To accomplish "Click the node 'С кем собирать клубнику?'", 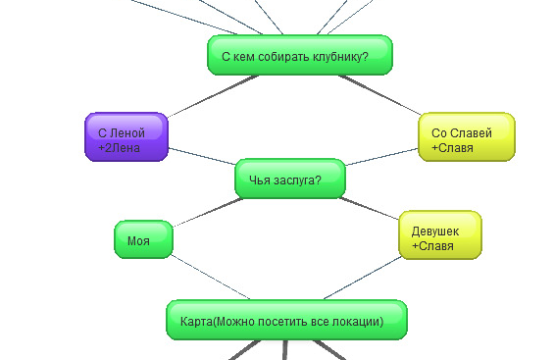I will (299, 56).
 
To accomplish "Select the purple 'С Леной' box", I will (126, 137).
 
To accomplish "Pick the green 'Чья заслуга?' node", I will (290, 179).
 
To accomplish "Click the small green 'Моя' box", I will (143, 239).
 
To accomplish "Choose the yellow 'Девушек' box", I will (439, 235).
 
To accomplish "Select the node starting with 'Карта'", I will (286, 321).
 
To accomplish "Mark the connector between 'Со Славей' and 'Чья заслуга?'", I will (382, 159).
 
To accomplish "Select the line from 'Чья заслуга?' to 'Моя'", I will (208, 211).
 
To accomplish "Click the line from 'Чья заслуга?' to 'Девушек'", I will (371, 208).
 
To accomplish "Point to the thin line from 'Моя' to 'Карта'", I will (212, 278).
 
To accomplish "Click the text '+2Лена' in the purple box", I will (120, 147).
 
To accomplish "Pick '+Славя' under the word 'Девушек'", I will (432, 246).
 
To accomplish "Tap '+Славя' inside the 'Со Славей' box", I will (452, 148).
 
